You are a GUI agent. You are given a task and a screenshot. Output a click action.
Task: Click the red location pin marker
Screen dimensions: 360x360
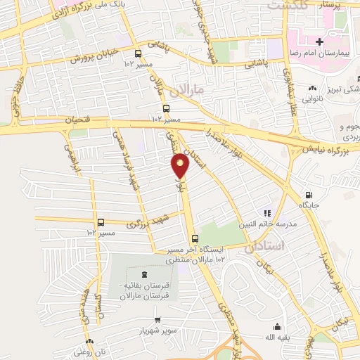coord(181,165)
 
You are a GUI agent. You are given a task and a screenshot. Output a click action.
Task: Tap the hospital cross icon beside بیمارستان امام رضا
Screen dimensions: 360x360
coord(320,43)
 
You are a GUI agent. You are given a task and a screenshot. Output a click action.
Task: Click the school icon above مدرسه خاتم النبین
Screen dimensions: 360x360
coord(266,212)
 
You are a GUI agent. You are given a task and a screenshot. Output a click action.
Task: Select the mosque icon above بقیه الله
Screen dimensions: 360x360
coord(277,326)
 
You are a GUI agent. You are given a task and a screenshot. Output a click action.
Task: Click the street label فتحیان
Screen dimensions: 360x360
coord(78,120)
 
